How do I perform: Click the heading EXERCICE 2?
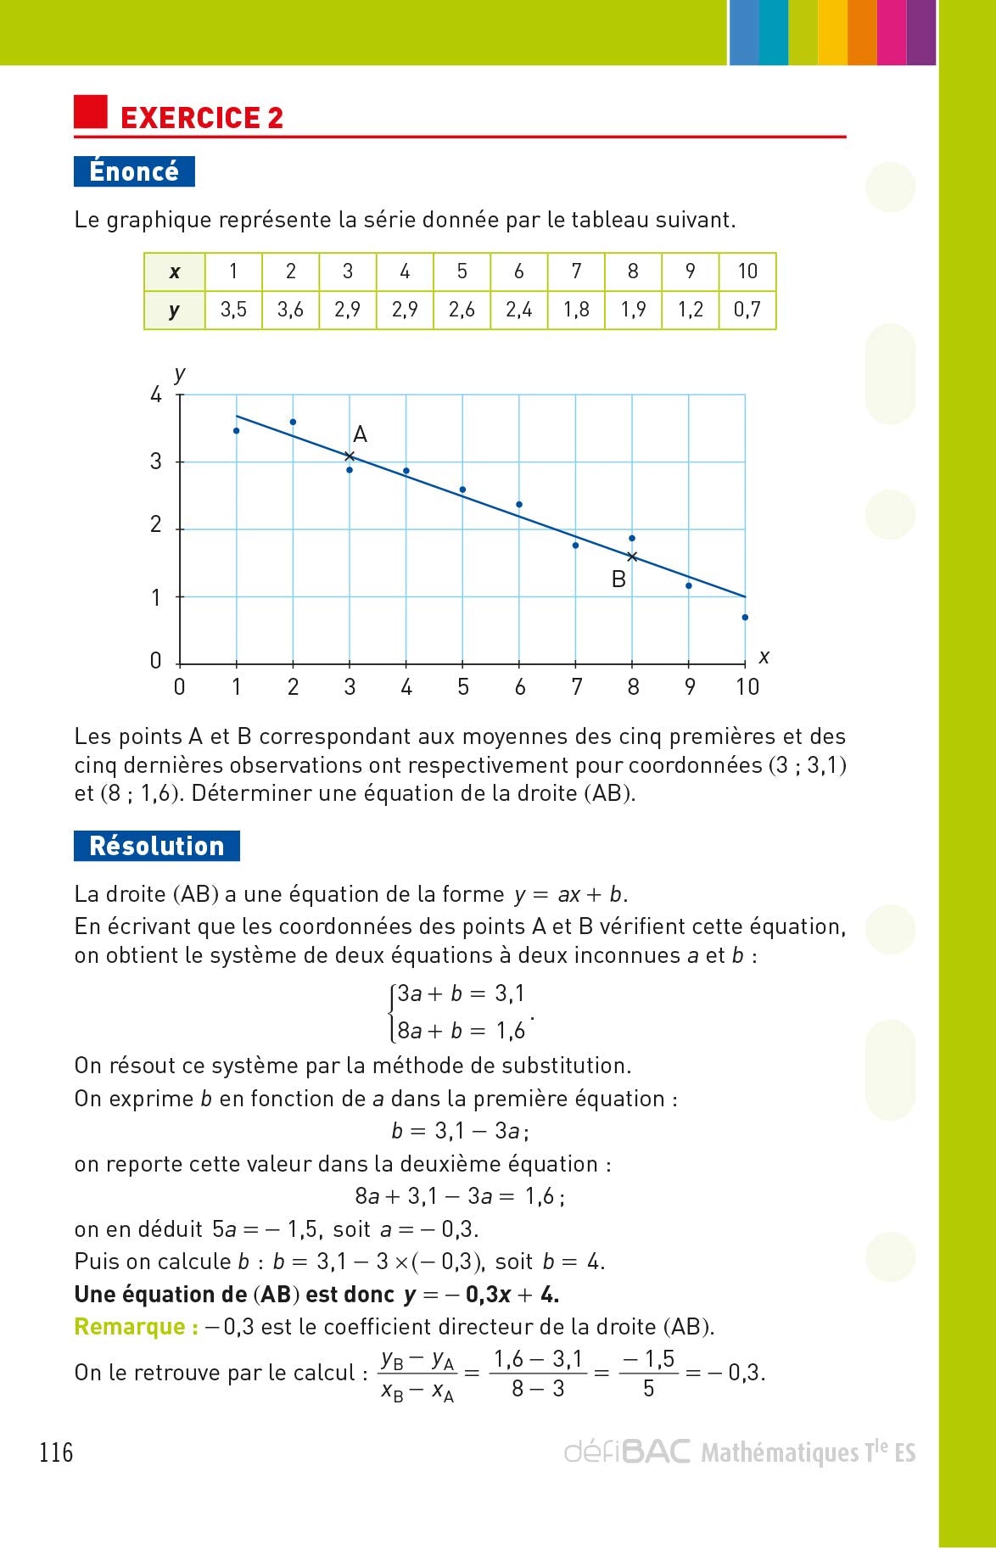pyautogui.click(x=202, y=118)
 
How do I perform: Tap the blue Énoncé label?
pyautogui.click(x=134, y=171)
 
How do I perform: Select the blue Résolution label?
pyautogui.click(x=156, y=846)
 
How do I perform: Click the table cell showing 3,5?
pyautogui.click(x=233, y=310)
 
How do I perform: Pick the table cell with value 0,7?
pyautogui.click(x=747, y=310)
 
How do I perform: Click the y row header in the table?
pyautogui.click(x=174, y=310)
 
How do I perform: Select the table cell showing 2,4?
pyautogui.click(x=518, y=310)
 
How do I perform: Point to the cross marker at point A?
pyautogui.click(x=350, y=456)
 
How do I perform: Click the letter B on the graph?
pyautogui.click(x=618, y=579)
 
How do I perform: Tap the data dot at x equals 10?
pyautogui.click(x=745, y=618)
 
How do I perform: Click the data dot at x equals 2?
pyautogui.click(x=293, y=422)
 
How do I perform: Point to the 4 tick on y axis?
pyautogui.click(x=155, y=394)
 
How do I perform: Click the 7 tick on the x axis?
pyautogui.click(x=576, y=687)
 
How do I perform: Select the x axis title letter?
pyautogui.click(x=764, y=657)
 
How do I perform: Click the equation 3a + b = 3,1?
pyautogui.click(x=461, y=993)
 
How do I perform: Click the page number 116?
pyautogui.click(x=56, y=1453)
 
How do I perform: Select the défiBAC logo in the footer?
pyautogui.click(x=627, y=1452)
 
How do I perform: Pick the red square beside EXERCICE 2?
pyautogui.click(x=91, y=112)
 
